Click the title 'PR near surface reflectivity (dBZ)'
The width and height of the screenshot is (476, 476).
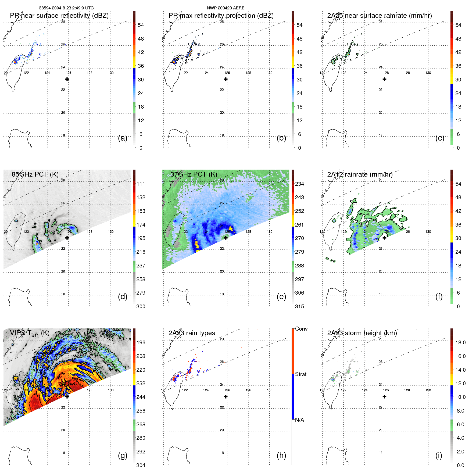59,16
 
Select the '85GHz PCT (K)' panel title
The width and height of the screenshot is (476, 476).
35,174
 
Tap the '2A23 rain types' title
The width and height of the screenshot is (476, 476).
192,333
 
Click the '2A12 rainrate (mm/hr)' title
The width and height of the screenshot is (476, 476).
360,174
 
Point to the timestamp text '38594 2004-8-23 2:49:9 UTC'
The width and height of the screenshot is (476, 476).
66,8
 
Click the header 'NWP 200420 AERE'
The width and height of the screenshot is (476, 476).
226,8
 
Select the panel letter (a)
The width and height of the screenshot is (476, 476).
123,138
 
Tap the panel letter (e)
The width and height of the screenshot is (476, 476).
281,296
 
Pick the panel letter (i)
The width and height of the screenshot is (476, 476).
439,455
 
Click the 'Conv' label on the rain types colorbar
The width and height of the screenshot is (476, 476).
301,329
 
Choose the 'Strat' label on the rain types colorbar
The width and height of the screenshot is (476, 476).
300,374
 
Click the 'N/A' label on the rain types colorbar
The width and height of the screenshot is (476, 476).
299,420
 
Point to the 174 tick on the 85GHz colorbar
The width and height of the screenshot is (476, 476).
141,225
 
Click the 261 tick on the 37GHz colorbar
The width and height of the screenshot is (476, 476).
299,225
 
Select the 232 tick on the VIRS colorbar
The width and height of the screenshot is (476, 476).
141,383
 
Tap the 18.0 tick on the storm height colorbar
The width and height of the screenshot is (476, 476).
460,342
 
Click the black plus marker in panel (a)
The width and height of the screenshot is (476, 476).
67,79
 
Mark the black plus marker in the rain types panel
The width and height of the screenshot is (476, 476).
226,397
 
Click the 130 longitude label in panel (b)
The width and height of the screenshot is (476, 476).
269,73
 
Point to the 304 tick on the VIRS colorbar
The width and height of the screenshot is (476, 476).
141,465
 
